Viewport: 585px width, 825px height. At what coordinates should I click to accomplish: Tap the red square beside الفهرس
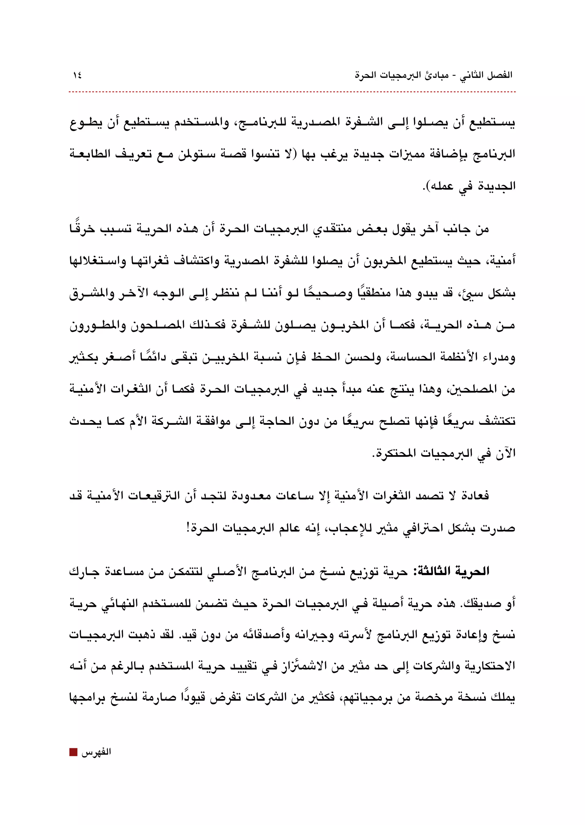click(x=73, y=752)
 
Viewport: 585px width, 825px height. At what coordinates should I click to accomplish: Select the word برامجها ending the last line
click(x=85, y=698)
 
